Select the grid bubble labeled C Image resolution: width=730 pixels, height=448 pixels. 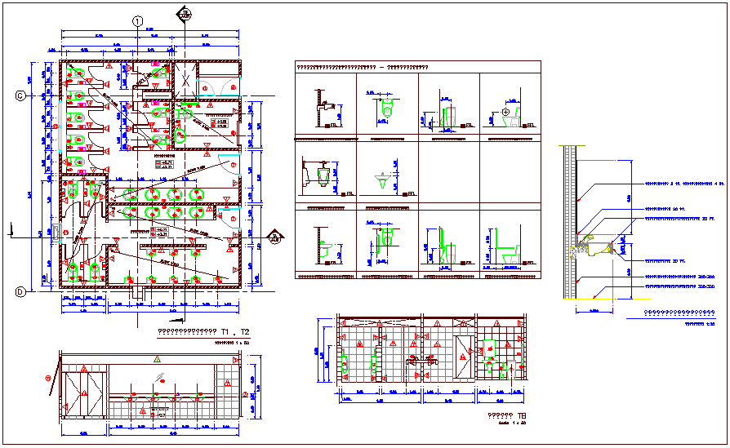click(x=19, y=96)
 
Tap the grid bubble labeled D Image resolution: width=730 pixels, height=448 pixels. click(x=19, y=291)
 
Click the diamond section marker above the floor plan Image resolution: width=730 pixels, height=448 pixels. click(x=186, y=16)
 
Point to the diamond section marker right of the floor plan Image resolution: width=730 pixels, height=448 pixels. click(x=276, y=237)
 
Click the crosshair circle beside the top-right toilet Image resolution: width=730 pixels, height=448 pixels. click(x=505, y=111)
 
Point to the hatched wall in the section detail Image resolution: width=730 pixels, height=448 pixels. click(x=571, y=220)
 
